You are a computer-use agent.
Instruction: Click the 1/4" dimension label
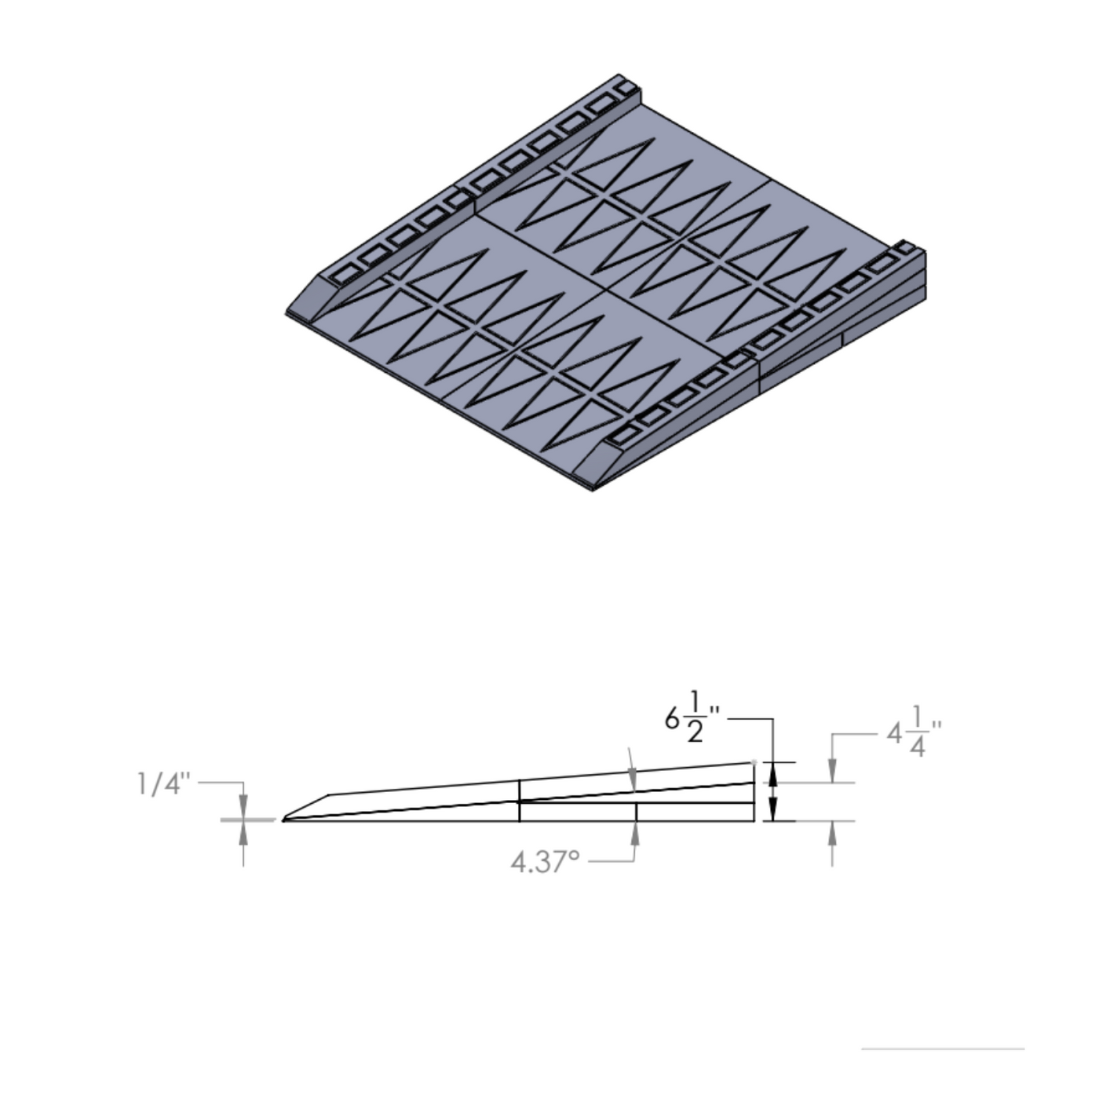pos(164,783)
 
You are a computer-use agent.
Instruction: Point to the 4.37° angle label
pos(546,862)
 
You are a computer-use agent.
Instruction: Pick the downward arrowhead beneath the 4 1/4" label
pos(832,772)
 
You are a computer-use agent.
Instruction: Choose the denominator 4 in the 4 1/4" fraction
pos(917,747)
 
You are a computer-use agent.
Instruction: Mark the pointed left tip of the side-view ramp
pos(283,820)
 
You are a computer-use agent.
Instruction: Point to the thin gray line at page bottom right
pos(942,1048)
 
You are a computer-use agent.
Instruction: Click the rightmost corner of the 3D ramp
pos(926,253)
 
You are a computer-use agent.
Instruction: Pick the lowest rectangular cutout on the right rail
pos(624,435)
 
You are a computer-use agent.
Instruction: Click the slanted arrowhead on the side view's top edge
pos(633,780)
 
